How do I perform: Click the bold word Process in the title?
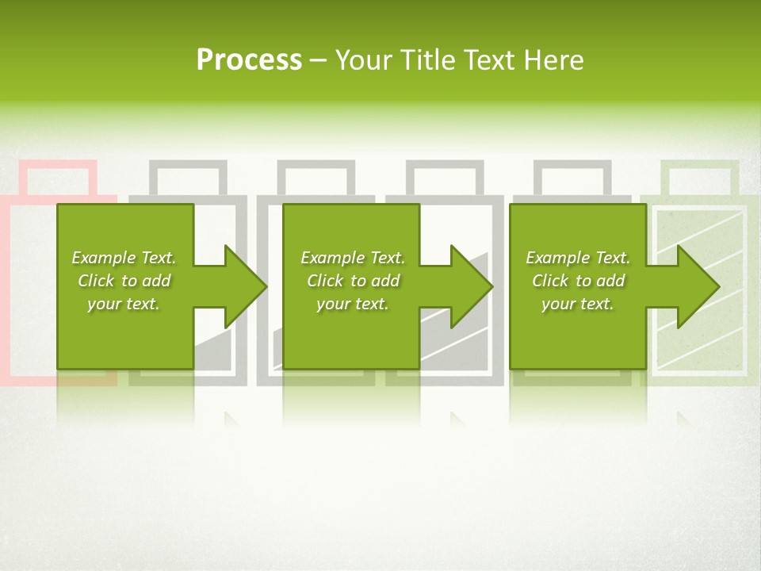pos(249,60)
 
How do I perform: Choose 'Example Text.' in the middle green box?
pos(353,258)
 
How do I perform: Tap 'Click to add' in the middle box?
pos(353,281)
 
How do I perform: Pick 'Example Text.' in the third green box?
pos(578,258)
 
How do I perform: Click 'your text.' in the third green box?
pos(578,304)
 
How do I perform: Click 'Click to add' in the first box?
pos(124,281)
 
